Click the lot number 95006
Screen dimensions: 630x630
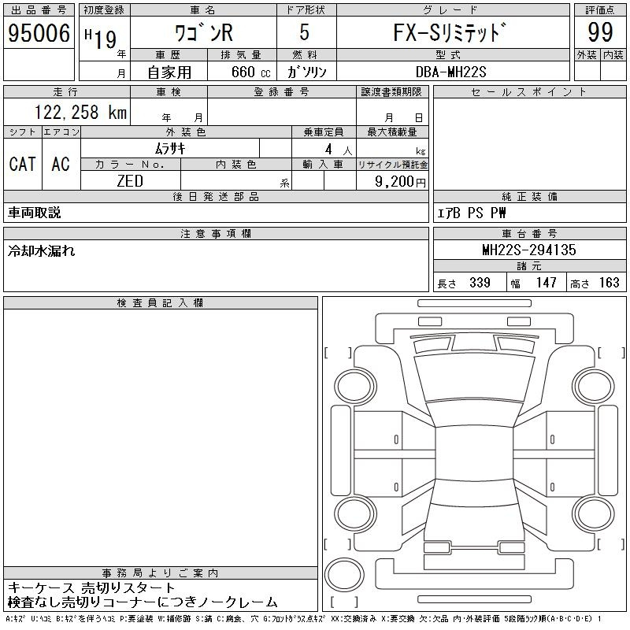(x=39, y=33)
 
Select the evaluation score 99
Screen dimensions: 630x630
(x=600, y=32)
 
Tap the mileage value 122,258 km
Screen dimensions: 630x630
(x=80, y=113)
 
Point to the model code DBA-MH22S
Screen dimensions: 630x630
(x=450, y=72)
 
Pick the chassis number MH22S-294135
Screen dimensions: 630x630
(x=529, y=250)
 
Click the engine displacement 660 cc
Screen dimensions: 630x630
(x=250, y=72)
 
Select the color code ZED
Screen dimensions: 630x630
(x=130, y=181)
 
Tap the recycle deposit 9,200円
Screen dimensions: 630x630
(x=400, y=182)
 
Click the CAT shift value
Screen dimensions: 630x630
(x=23, y=164)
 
